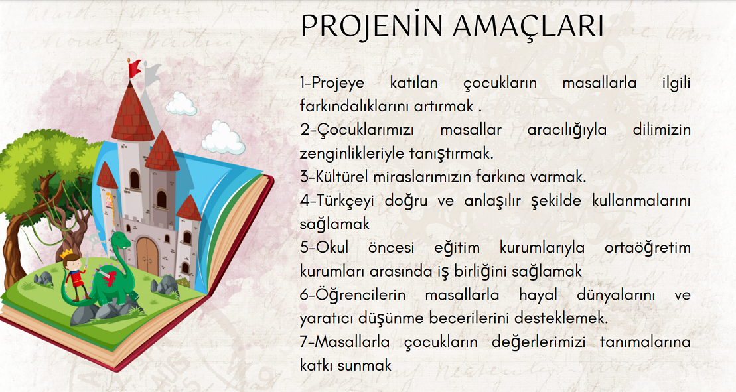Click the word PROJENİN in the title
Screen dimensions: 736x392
pos(371,27)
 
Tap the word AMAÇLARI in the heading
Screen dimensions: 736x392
pos(528,27)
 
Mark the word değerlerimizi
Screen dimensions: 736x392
pos(538,342)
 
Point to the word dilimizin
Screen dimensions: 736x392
pos(662,130)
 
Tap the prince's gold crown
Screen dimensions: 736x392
pos(66,255)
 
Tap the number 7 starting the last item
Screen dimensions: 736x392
pos(304,342)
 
